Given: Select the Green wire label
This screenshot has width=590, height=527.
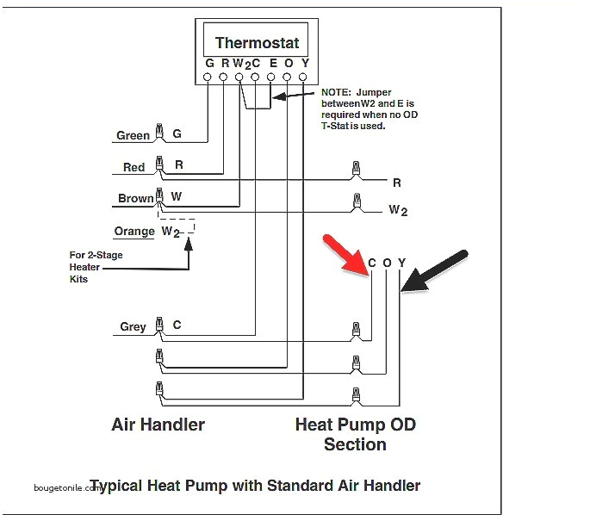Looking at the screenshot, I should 133,135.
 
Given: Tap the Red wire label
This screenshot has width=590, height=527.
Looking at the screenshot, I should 134,167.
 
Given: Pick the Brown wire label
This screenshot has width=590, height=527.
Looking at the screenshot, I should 135,198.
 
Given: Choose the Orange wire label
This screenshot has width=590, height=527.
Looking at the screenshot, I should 134,231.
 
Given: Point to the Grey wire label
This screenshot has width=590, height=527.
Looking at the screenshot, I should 133,326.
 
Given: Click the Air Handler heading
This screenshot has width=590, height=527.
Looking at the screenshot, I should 158,425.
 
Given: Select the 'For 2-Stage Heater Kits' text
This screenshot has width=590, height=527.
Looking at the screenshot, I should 85,267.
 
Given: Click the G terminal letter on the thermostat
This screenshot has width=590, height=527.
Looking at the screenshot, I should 208,63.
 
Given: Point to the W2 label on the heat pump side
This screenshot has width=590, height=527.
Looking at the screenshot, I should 397,209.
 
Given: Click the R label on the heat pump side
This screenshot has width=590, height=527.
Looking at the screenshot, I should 396,183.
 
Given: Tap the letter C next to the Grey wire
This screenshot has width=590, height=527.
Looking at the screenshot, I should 177,325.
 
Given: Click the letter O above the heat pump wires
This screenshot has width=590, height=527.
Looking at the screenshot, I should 387,263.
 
